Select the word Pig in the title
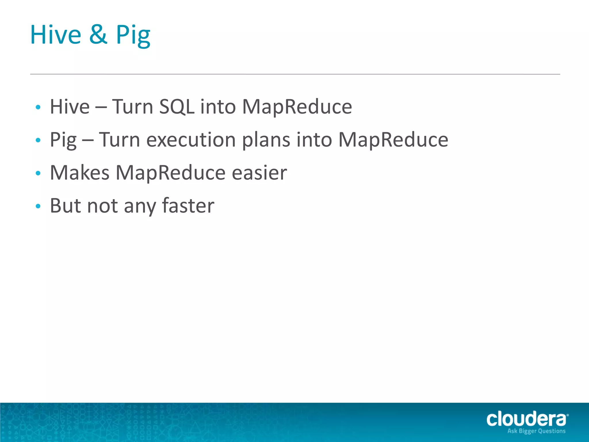coord(133,36)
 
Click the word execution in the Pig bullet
coord(191,140)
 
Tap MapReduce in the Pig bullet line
coord(393,140)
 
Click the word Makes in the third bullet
coord(80,173)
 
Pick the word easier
coord(259,173)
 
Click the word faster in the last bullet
coord(188,206)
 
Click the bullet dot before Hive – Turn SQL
coord(38,107)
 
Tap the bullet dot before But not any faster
coord(38,206)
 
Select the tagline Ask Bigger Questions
coord(536,431)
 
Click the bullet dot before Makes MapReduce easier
coord(38,173)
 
